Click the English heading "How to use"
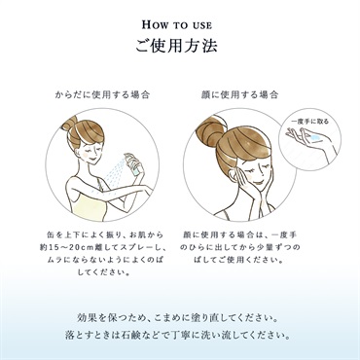point(177,24)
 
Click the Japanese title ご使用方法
point(176,46)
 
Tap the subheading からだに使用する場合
point(102,95)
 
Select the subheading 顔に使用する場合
point(239,95)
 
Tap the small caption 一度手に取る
point(310,122)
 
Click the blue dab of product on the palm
point(314,138)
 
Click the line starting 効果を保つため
point(178,318)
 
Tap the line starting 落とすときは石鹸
point(178,335)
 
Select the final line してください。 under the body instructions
point(103,272)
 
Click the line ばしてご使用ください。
point(239,260)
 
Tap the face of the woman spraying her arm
point(91,152)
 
